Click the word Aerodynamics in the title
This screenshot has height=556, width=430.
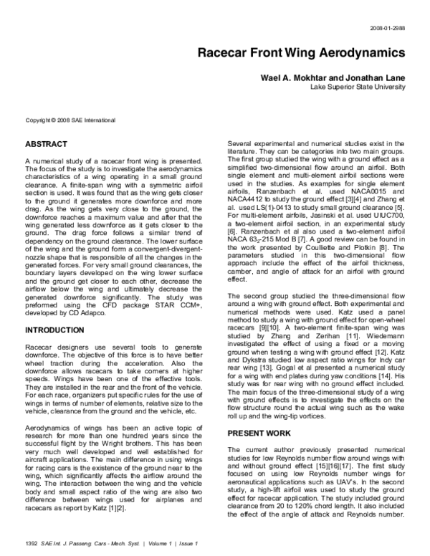click(355, 53)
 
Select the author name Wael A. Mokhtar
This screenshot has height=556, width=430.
click(296, 76)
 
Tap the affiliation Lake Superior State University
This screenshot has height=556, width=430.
click(358, 86)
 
